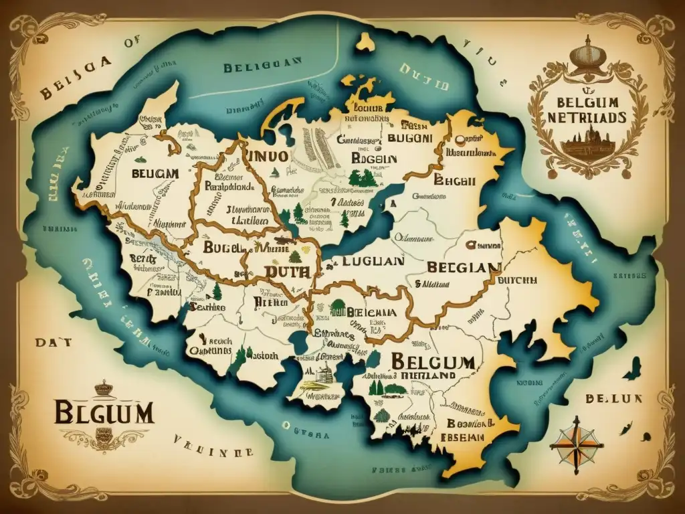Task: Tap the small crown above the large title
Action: pyautogui.click(x=102, y=388)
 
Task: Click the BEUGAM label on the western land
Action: pyautogui.click(x=155, y=173)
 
